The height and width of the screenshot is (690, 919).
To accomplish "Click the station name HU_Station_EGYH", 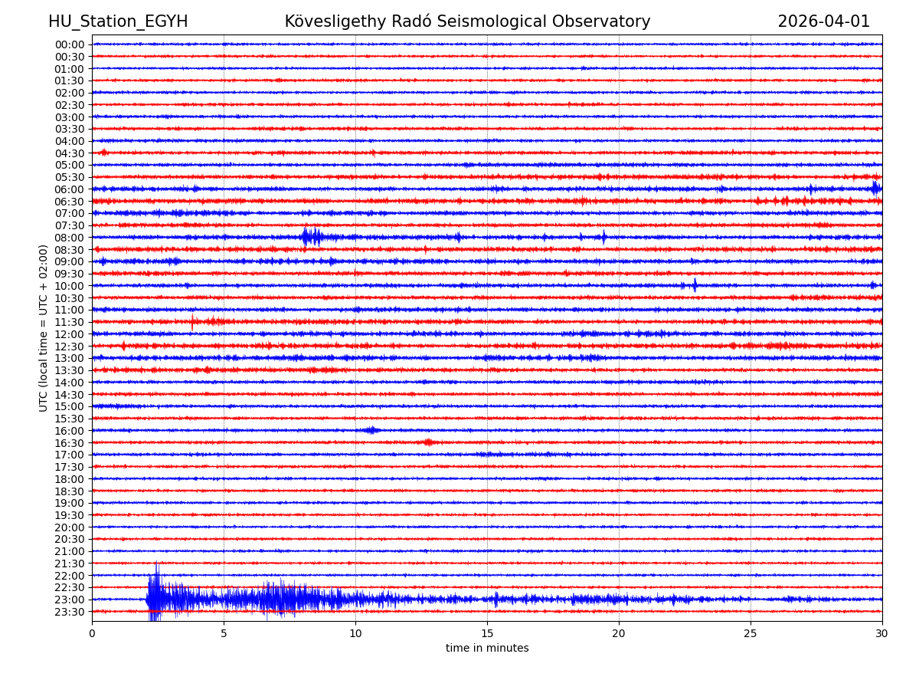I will coord(118,22).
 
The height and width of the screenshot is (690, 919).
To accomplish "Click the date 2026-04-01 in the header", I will coord(823,22).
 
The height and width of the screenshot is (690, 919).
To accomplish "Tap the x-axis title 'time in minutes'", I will coord(487,649).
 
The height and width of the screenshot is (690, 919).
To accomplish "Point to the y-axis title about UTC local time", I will coord(44,328).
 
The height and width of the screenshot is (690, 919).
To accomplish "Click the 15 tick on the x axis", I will coord(487,634).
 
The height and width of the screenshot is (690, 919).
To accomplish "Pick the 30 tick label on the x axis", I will coord(881,634).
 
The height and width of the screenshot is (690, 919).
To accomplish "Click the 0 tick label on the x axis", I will coord(92,634).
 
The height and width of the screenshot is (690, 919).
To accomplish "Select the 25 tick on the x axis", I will coord(751,634).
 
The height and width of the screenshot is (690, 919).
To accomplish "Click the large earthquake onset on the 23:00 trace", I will coord(150,599).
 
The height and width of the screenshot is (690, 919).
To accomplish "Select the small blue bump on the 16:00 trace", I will coord(371,430).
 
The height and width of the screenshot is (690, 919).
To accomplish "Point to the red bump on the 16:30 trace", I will coord(428,442).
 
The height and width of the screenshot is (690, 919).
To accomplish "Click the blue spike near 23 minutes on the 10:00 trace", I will coord(695,285).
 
